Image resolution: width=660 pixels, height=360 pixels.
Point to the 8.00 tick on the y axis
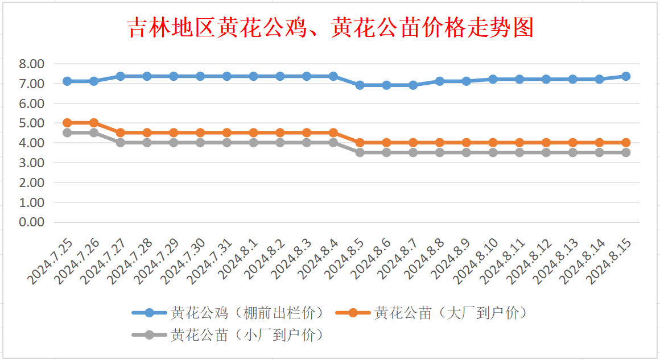[32, 64]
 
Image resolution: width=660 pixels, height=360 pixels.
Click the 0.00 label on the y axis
[32, 222]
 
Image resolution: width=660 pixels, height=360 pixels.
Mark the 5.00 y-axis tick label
[32, 123]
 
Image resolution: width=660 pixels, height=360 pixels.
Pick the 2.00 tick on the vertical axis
[32, 183]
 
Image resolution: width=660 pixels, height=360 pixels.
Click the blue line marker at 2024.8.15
[626, 76]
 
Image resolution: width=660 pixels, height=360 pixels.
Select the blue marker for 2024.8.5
[360, 85]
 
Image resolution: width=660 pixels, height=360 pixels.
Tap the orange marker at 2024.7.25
[67, 123]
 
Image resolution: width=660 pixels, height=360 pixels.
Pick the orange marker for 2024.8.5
[360, 143]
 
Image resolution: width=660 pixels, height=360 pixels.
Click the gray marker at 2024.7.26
[94, 133]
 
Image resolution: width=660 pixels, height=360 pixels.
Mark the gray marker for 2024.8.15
[626, 152]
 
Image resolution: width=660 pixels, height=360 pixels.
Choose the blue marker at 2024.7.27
[121, 76]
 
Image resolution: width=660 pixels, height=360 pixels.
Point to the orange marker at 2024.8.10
[493, 143]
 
